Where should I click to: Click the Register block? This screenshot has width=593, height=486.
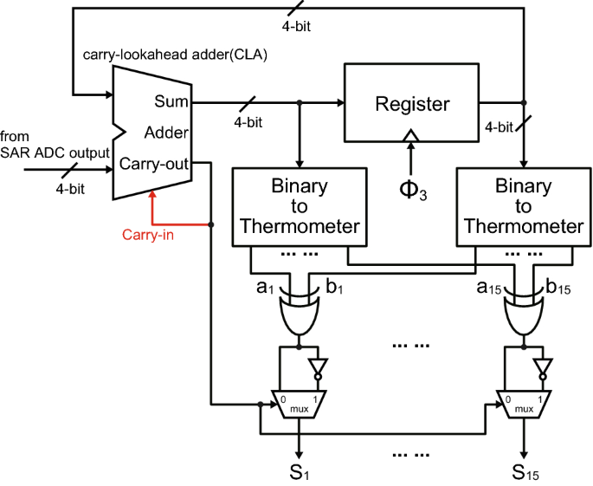412,103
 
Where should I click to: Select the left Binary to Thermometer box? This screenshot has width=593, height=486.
299,206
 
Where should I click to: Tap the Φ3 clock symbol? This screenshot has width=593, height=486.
412,188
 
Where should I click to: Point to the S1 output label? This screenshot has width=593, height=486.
298,471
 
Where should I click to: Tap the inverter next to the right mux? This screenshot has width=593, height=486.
542,367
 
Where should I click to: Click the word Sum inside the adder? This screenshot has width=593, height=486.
171,102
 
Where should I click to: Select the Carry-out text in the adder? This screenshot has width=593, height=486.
154,163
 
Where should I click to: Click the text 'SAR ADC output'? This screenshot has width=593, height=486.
55,152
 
